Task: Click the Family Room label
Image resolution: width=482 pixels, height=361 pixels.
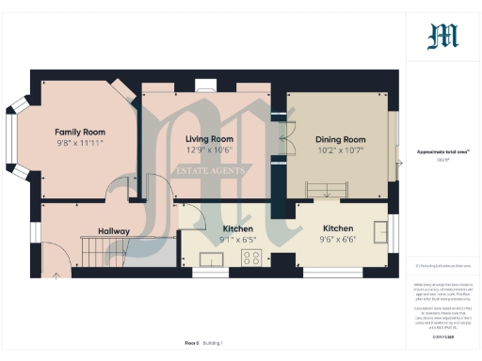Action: pyautogui.click(x=80, y=132)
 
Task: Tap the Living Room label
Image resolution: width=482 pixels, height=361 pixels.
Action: pyautogui.click(x=209, y=138)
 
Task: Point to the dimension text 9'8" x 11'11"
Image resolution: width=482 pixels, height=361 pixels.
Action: pyautogui.click(x=80, y=143)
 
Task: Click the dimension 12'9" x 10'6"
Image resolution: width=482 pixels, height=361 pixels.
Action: pyautogui.click(x=209, y=149)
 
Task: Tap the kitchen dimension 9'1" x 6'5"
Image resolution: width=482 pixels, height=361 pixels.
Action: pyautogui.click(x=238, y=240)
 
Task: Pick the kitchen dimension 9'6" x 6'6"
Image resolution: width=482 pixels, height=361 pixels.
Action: pyautogui.click(x=338, y=240)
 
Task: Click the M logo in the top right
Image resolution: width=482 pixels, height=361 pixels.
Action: pyautogui.click(x=443, y=37)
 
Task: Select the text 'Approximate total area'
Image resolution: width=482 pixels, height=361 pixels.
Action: pyautogui.click(x=442, y=151)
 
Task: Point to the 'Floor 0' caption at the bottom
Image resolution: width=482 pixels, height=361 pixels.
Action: pyautogui.click(x=192, y=343)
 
